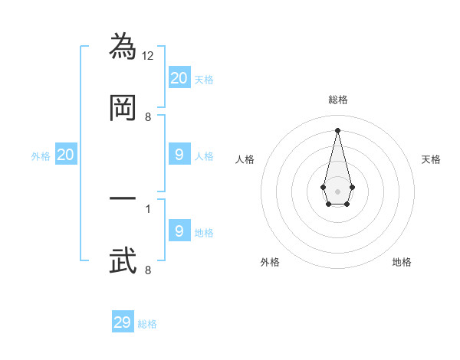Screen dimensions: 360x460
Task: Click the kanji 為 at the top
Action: tap(123, 46)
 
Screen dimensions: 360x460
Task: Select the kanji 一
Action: tap(123, 198)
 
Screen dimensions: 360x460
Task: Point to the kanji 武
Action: tap(123, 260)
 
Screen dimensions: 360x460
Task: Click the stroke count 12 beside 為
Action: tap(149, 56)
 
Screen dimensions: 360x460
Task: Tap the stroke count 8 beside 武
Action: tap(148, 270)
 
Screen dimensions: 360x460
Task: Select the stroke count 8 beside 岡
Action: tap(148, 117)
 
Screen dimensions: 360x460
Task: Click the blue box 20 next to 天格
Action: tap(179, 77)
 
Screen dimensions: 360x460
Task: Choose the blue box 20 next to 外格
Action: tap(66, 155)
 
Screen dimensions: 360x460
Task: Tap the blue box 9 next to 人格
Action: tap(179, 155)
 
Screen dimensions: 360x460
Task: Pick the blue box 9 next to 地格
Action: tap(179, 231)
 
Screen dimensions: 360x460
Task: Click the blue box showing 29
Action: tap(123, 322)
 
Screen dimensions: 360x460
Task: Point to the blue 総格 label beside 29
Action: tap(147, 324)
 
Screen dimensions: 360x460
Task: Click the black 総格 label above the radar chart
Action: tap(337, 100)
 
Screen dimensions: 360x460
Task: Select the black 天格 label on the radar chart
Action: tap(431, 159)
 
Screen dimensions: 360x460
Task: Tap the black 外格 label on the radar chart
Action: tap(270, 262)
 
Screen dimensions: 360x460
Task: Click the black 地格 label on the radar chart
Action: tap(402, 262)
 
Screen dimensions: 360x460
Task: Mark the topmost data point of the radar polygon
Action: tap(337, 129)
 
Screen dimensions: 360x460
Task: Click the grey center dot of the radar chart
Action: tap(337, 191)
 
